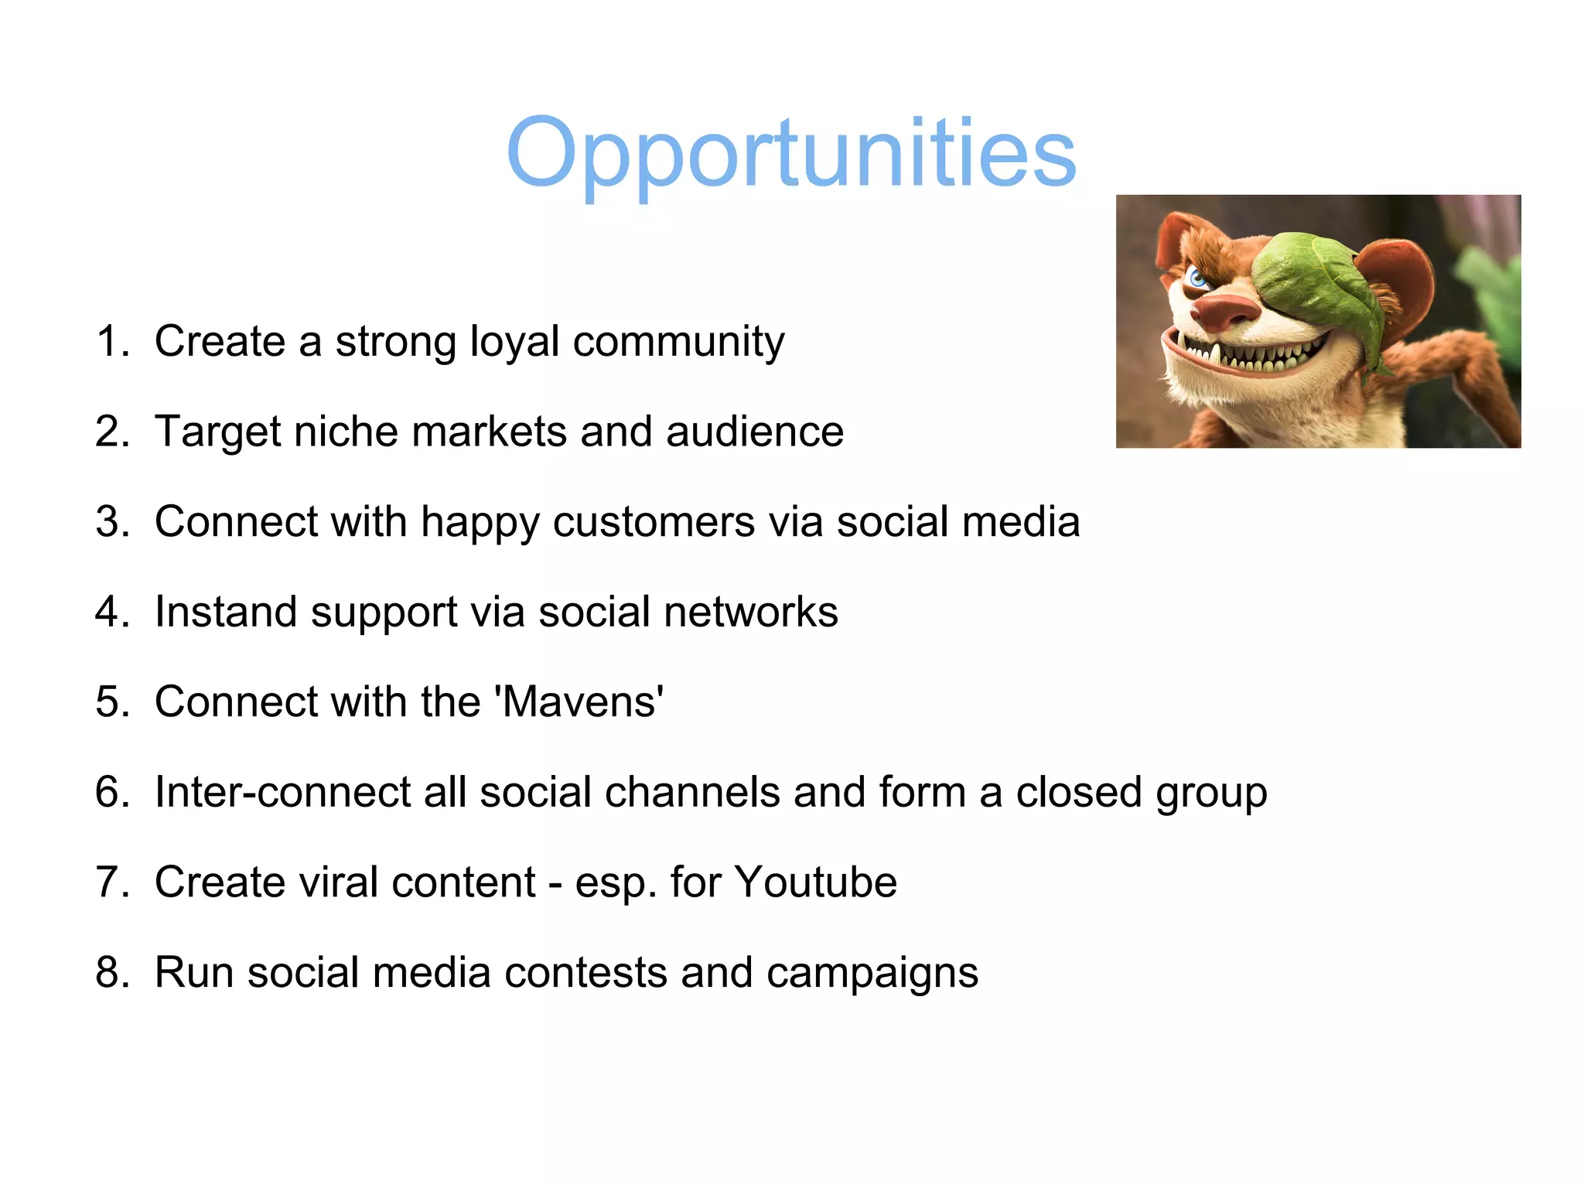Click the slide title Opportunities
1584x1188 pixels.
coord(790,152)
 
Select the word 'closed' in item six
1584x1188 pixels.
coord(1078,792)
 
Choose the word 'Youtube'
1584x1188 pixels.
coord(815,882)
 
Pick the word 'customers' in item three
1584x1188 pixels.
coord(654,522)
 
